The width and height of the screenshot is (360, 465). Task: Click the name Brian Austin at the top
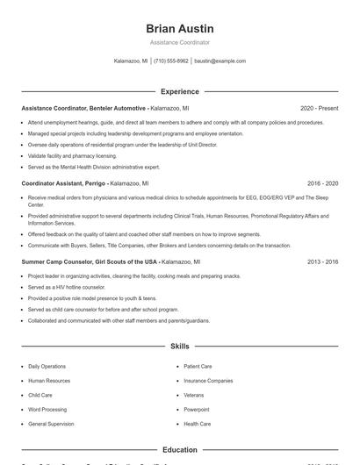pos(180,28)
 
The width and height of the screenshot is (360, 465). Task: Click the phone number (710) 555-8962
pos(171,61)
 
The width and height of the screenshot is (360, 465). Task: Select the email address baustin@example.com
pos(220,61)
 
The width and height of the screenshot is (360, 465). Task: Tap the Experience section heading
pos(180,91)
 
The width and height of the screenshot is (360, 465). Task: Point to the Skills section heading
pos(180,347)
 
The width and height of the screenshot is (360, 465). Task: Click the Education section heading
pos(180,450)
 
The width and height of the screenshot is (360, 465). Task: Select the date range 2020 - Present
pos(319,108)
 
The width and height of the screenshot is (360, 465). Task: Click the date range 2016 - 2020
pos(322,184)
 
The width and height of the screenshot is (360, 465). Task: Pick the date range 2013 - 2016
pos(322,261)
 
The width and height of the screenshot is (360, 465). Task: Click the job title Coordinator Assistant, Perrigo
pos(64,184)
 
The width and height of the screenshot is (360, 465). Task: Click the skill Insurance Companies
pos(208,381)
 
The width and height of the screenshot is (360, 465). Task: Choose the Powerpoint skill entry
pos(197,409)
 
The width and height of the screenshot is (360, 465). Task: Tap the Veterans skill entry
pos(194,395)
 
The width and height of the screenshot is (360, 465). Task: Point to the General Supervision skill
pos(50,424)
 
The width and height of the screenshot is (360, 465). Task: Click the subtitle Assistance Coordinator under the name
pos(180,42)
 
